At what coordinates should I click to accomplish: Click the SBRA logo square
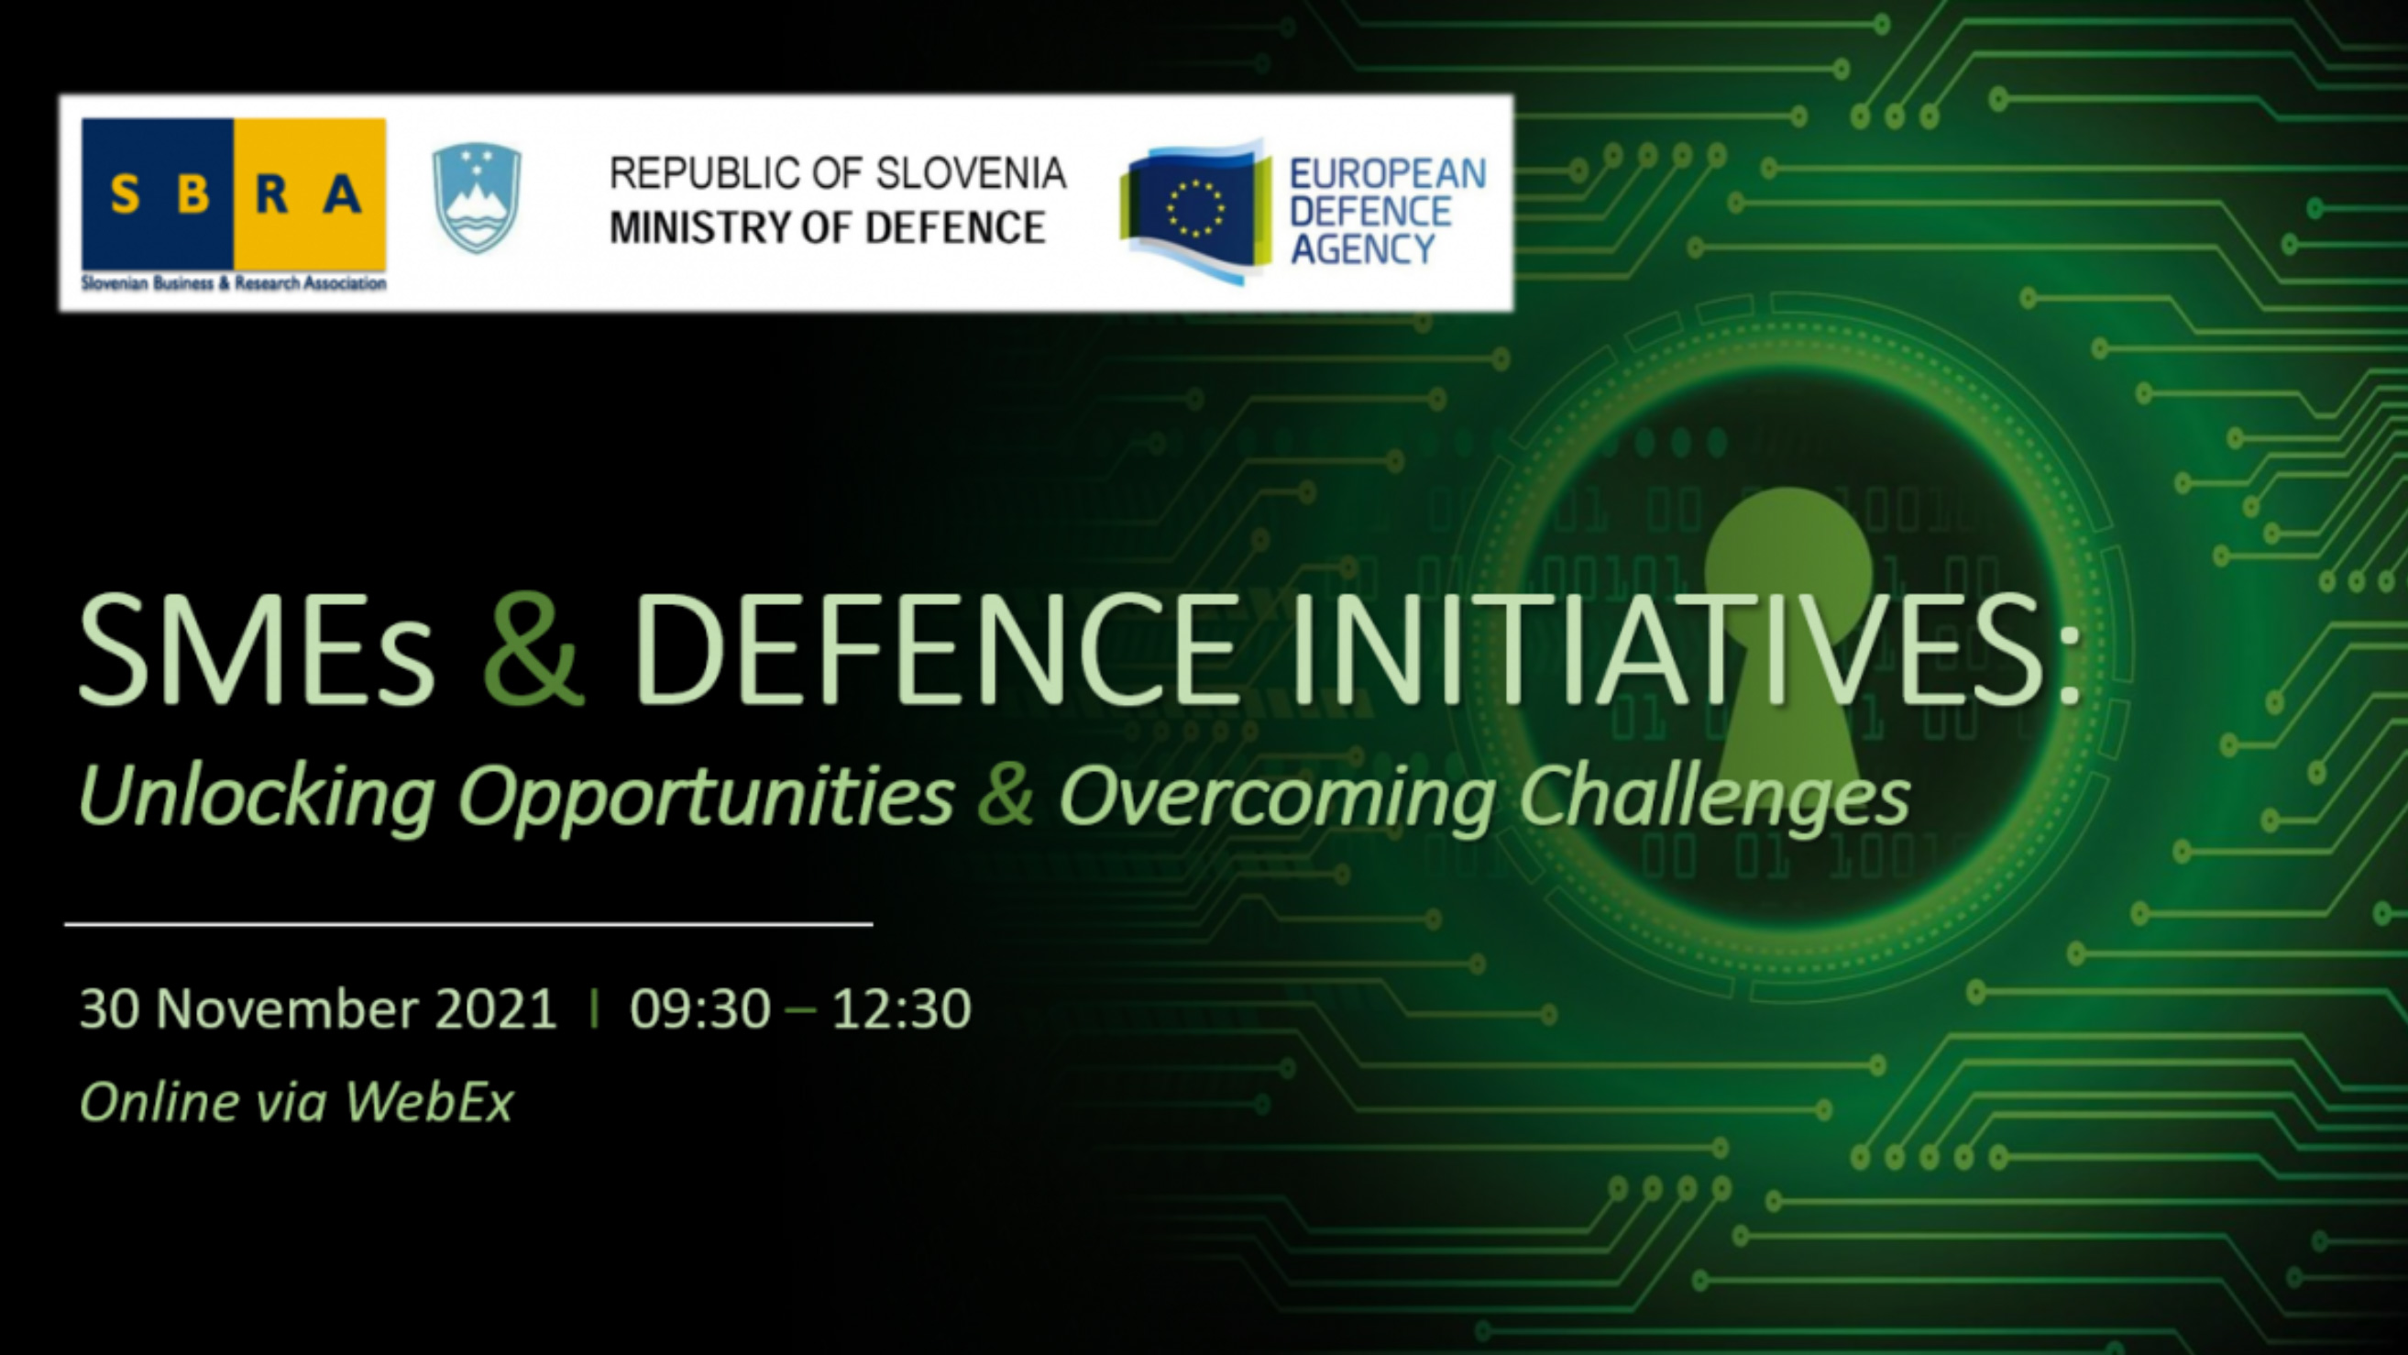pos(234,193)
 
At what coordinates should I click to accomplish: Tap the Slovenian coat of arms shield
pos(477,198)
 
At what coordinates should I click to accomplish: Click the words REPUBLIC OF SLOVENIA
pos(838,173)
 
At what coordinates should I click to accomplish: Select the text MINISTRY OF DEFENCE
pos(828,227)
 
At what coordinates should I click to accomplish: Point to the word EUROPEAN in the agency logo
pos(1387,174)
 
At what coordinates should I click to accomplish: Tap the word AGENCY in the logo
pos(1363,249)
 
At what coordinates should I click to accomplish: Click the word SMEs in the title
pos(257,649)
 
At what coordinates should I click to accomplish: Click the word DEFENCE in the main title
pos(936,649)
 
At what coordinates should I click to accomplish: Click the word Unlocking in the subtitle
pos(256,796)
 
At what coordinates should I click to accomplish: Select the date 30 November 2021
pos(319,1008)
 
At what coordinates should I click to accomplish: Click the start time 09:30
pos(700,1008)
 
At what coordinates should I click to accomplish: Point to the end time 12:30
pos(901,1008)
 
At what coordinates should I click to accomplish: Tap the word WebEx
pos(429,1102)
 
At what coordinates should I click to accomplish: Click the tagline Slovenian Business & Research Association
pos(234,282)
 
